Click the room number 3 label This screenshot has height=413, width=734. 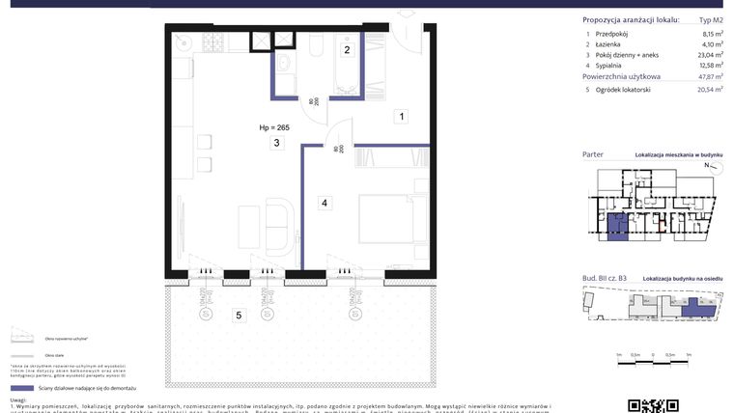(x=276, y=144)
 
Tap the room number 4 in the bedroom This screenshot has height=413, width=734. (x=325, y=203)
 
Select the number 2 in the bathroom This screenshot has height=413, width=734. (x=348, y=49)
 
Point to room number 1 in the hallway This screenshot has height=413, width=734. (x=401, y=117)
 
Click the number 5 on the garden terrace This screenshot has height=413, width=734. (x=237, y=316)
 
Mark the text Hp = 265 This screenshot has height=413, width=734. (x=274, y=127)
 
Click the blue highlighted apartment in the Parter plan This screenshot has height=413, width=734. (x=614, y=225)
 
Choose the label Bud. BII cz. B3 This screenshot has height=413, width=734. (x=605, y=278)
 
